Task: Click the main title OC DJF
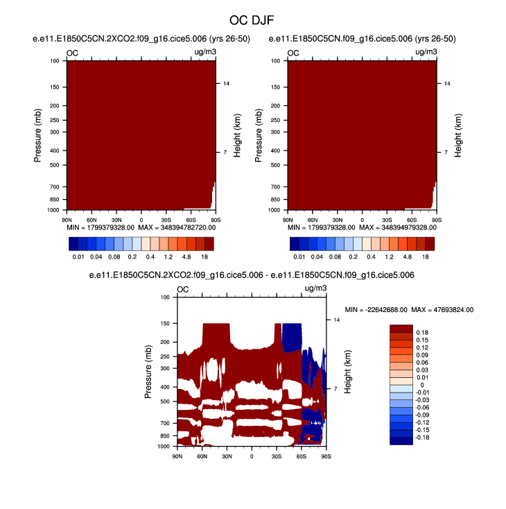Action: click(252, 21)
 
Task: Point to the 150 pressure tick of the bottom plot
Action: click(164, 323)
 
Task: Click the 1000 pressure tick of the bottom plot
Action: click(163, 447)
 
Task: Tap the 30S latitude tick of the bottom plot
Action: click(277, 457)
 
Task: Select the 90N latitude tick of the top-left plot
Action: click(67, 219)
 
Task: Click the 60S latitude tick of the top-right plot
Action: click(412, 219)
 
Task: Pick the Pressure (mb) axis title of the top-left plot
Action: click(39, 135)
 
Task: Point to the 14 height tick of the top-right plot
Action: click(447, 83)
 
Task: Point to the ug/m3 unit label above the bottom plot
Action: click(314, 289)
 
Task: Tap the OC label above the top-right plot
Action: click(293, 53)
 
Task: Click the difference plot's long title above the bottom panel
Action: click(252, 275)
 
